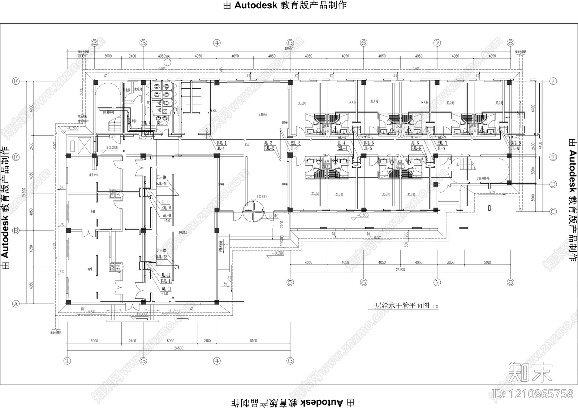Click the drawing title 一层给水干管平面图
[401, 306]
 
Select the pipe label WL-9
[166, 216]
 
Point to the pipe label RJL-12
[162, 257]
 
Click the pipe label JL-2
[268, 143]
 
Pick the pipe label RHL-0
[162, 123]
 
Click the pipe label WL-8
[516, 137]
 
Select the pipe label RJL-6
[416, 148]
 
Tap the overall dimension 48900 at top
[289, 49]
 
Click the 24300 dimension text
[400, 269]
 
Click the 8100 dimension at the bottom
[253, 341]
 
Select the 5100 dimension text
[487, 262]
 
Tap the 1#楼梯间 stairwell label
[108, 112]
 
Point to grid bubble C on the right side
[553, 212]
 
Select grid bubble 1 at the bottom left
[67, 360]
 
